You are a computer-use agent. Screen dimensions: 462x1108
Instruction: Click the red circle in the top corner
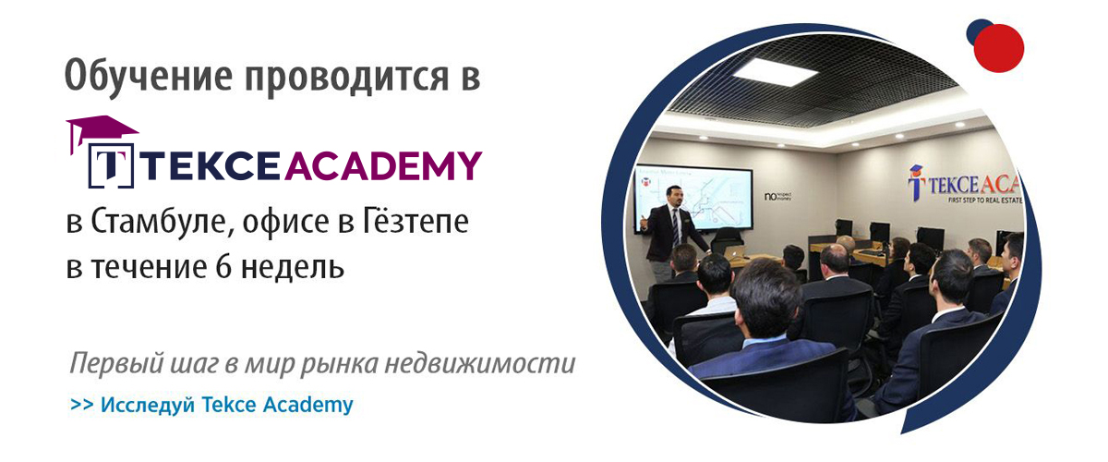(x=999, y=48)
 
